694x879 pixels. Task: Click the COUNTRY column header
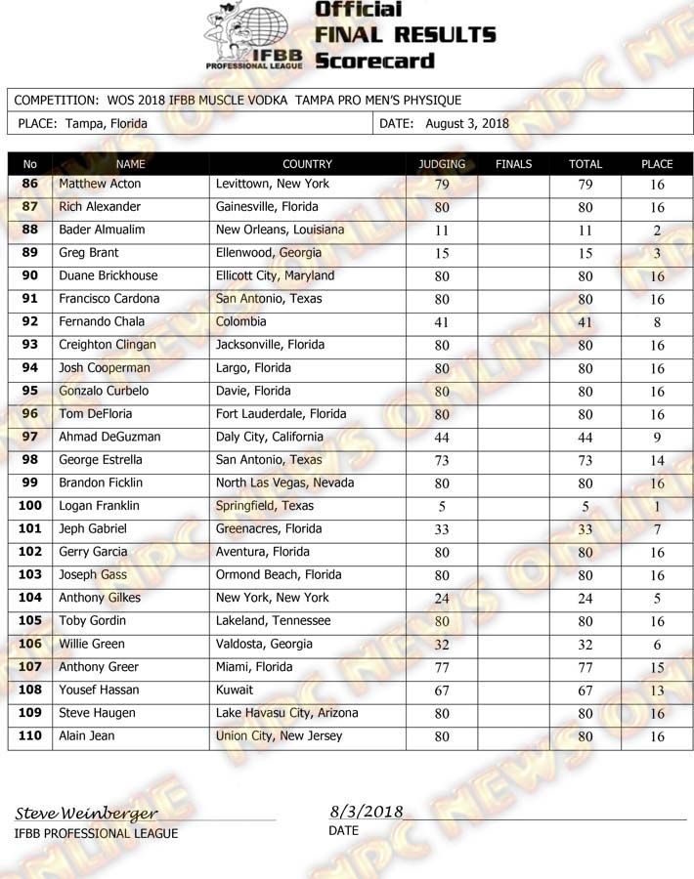(307, 164)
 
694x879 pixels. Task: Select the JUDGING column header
(442, 164)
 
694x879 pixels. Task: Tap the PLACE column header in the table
(657, 164)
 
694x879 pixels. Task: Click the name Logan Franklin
(99, 506)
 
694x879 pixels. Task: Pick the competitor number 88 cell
(30, 230)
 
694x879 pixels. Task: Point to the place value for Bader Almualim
(657, 230)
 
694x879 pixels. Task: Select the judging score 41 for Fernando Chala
(442, 322)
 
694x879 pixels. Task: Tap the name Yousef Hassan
(99, 690)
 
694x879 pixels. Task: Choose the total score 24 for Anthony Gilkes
(586, 599)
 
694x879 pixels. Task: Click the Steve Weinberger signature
(86, 814)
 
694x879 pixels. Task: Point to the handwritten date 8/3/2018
(367, 812)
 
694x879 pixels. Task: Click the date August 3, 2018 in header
(467, 123)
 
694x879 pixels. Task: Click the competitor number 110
(30, 735)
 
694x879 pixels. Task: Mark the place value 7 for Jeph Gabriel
(657, 529)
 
